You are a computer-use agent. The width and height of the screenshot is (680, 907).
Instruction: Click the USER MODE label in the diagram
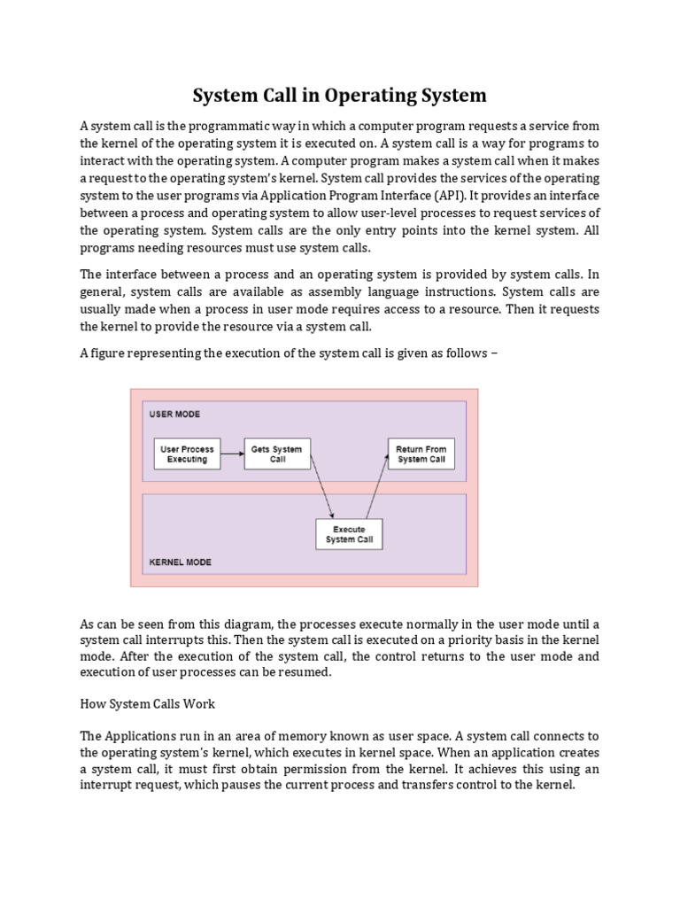[174, 414]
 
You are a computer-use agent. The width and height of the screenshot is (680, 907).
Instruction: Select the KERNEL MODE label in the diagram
[180, 562]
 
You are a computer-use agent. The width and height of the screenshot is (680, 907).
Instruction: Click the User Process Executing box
[187, 454]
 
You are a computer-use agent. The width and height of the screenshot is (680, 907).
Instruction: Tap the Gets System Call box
[276, 454]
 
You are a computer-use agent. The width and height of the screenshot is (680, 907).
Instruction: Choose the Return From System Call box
[421, 454]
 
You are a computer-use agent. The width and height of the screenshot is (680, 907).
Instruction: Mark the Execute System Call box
[349, 533]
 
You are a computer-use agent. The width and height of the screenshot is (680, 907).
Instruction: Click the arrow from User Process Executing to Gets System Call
[232, 454]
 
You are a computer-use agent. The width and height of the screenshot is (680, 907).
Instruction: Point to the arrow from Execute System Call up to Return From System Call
[376, 486]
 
